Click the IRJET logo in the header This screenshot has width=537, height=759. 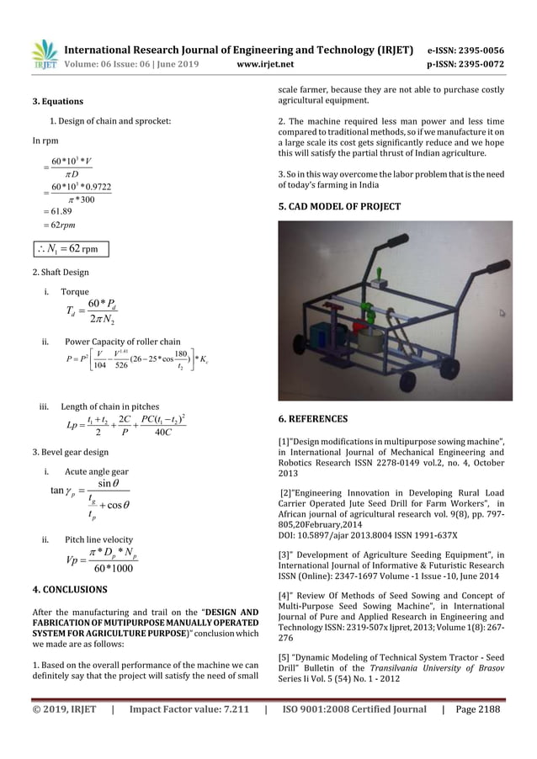(44, 52)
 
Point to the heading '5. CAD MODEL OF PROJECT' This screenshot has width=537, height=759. (342, 206)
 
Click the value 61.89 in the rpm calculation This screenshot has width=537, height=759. (60, 214)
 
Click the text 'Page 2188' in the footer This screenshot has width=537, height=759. (478, 709)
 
